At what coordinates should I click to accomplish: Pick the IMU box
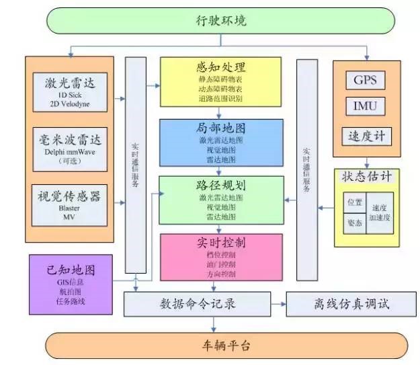click(365, 107)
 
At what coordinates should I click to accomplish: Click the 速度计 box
click(365, 135)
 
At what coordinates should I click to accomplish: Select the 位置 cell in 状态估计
click(353, 202)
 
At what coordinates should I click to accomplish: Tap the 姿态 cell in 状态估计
click(353, 222)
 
